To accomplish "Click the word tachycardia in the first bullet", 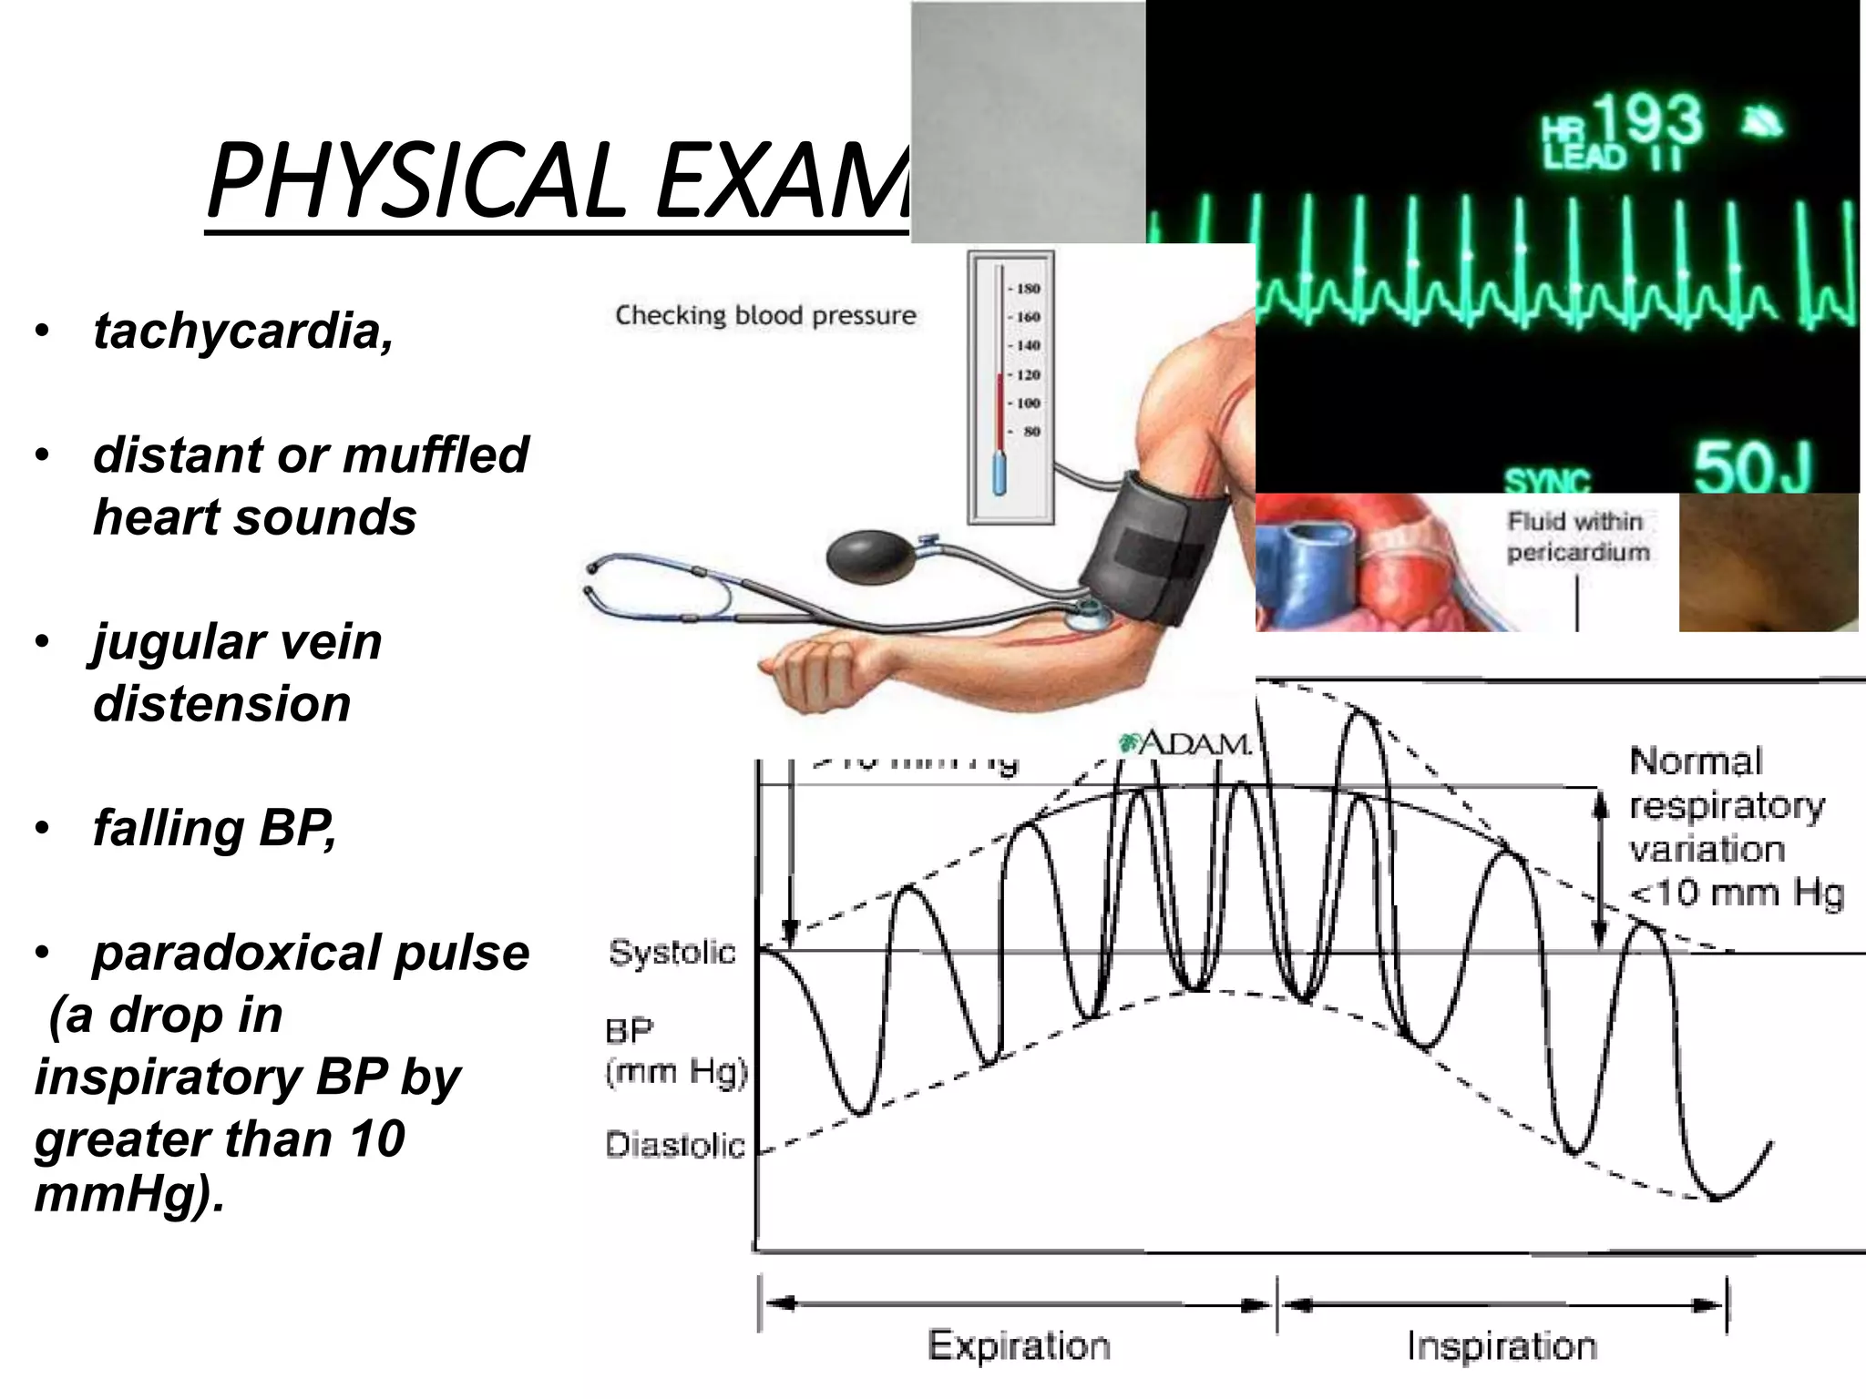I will (x=242, y=330).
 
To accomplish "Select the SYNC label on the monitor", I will (x=1546, y=481).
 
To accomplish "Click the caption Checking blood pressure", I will (x=765, y=315).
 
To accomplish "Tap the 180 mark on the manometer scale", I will (x=1028, y=289).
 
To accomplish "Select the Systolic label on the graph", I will (x=672, y=953).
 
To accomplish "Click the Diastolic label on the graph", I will (x=675, y=1145).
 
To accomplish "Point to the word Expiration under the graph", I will (x=1019, y=1345).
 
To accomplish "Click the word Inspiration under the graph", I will (x=1502, y=1345).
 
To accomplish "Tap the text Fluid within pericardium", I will (x=1578, y=536).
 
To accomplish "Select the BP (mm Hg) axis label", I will (x=675, y=1051).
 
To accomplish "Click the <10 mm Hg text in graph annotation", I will (x=1737, y=893).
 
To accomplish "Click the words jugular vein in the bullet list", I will (x=237, y=641).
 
